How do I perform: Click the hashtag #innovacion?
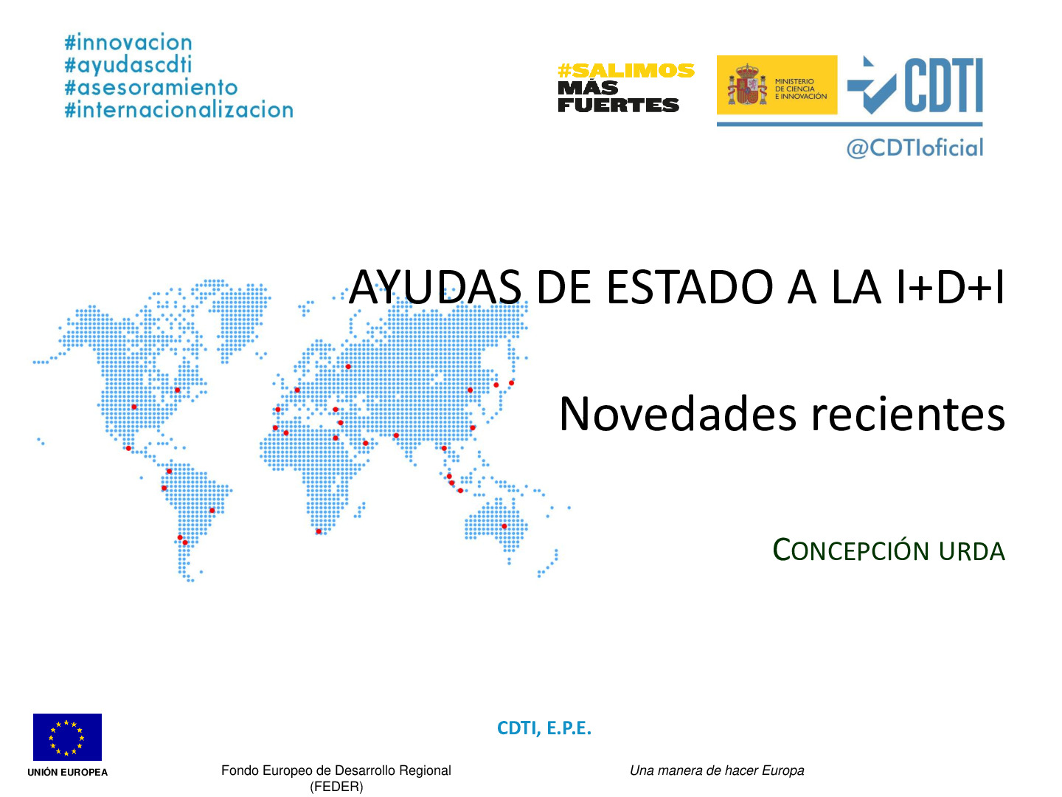(128, 43)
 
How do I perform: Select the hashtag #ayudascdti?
(128, 65)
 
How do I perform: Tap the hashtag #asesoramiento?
(151, 88)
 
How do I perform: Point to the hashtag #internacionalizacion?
(179, 110)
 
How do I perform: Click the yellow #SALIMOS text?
(626, 71)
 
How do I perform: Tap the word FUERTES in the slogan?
(618, 106)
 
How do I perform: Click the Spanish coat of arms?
(746, 85)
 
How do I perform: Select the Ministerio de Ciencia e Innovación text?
(800, 89)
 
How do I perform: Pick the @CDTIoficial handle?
(914, 148)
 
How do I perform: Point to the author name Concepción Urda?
(889, 551)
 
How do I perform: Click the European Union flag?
(67, 736)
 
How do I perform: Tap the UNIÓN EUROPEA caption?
(67, 772)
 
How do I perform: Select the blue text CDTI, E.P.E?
(544, 728)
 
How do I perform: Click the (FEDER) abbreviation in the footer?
(336, 787)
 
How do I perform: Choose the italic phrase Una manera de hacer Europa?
(717, 770)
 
